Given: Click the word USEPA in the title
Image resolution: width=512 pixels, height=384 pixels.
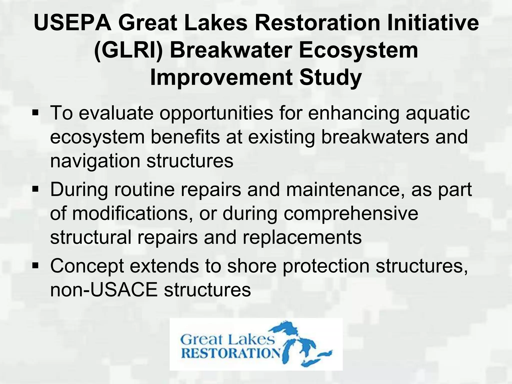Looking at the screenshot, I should tap(72, 23).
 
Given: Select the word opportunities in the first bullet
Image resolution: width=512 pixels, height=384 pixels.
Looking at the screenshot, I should tap(216, 113).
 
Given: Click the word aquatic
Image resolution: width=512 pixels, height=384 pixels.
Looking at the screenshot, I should tap(437, 113).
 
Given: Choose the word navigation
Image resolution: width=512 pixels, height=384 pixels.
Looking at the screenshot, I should tap(95, 161).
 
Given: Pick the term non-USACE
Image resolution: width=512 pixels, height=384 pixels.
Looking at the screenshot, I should tap(104, 290).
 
